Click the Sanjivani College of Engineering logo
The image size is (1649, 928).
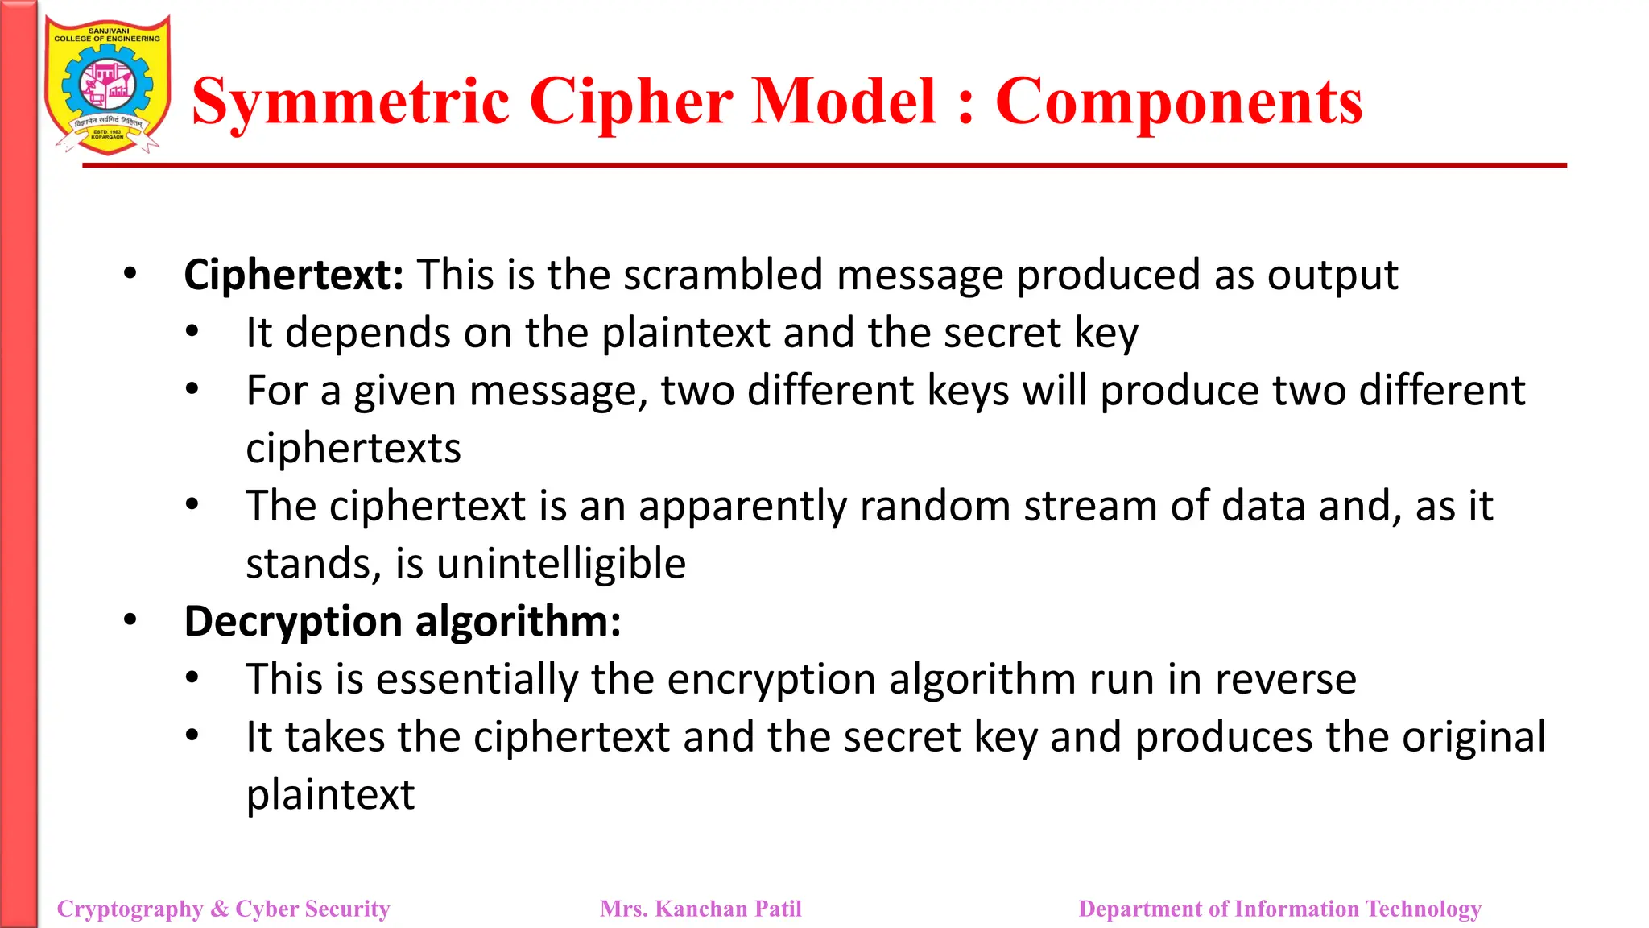point(107,85)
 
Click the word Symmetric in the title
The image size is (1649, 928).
point(350,101)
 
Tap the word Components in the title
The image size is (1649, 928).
point(1179,101)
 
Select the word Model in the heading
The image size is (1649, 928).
point(844,101)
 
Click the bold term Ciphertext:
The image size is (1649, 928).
point(294,275)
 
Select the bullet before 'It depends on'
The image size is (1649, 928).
point(192,332)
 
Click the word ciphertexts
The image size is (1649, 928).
point(353,448)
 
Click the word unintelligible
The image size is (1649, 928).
point(561,563)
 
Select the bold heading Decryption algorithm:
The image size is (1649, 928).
point(403,621)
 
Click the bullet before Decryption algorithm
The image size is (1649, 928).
point(130,620)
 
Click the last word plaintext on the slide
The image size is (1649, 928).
point(330,795)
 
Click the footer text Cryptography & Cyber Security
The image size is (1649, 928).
point(223,909)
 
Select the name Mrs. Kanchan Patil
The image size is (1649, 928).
point(701,909)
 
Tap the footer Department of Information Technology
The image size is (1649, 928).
point(1279,909)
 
